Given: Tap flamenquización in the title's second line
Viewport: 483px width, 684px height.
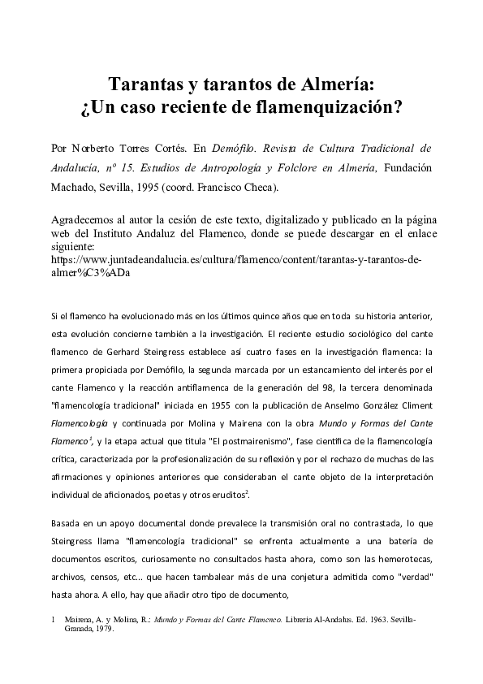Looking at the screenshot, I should [x=330, y=106].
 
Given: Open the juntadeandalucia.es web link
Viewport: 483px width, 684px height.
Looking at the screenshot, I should [x=235, y=260].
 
